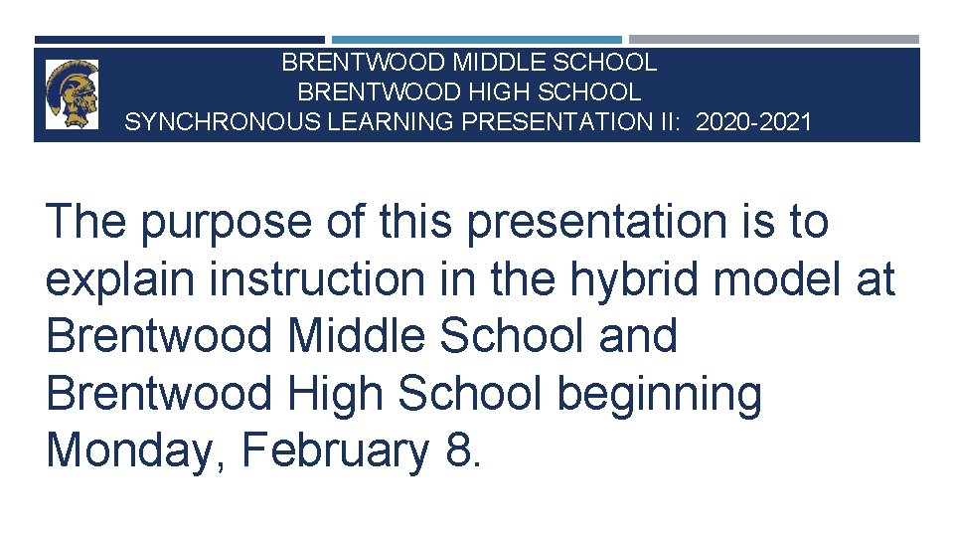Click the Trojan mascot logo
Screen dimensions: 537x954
pos(72,93)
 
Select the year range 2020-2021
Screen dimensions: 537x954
pos(754,122)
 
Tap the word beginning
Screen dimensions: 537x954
pos(660,395)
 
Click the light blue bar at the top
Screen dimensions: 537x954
pos(476,40)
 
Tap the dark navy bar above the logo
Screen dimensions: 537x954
pos(179,40)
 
